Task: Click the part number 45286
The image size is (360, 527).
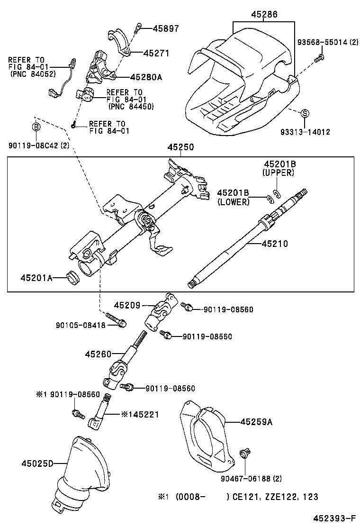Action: point(264,14)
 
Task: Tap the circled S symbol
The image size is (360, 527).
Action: point(305,113)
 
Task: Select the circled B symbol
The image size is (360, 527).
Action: point(36,127)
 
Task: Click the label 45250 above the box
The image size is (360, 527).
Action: point(180,148)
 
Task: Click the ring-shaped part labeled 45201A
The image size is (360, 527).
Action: point(74,278)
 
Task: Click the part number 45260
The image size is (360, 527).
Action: point(99,354)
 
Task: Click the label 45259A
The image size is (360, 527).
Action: point(256,421)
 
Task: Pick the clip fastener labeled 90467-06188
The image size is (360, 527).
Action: point(245,454)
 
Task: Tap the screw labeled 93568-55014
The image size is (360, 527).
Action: point(319,58)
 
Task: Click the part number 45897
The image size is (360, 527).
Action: point(166,28)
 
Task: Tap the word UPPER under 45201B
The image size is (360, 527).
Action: point(279,173)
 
